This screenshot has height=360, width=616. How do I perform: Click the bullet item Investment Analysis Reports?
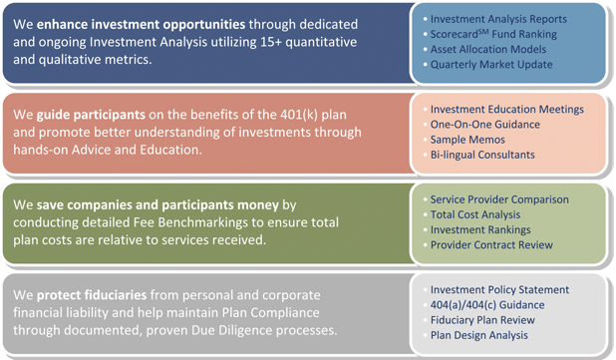498,19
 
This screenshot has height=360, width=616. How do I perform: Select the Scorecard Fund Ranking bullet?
493,34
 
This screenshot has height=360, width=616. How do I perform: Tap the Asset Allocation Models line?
488,49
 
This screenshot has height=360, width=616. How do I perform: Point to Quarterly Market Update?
491,65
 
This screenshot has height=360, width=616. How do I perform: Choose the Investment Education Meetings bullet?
507,110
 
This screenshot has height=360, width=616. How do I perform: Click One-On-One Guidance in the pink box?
485,125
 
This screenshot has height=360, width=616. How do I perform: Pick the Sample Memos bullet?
467,140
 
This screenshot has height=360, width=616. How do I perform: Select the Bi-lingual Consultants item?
482,155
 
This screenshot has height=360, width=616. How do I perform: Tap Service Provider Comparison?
499,199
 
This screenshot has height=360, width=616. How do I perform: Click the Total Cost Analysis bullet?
475,214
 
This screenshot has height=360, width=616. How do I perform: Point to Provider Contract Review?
491,245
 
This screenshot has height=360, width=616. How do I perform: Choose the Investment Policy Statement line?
499,289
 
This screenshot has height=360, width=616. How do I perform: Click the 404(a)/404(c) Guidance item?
487,305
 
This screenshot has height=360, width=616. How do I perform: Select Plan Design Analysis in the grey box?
478,335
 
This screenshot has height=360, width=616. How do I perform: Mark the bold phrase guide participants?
91,115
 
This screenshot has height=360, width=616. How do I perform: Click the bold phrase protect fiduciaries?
92,295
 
